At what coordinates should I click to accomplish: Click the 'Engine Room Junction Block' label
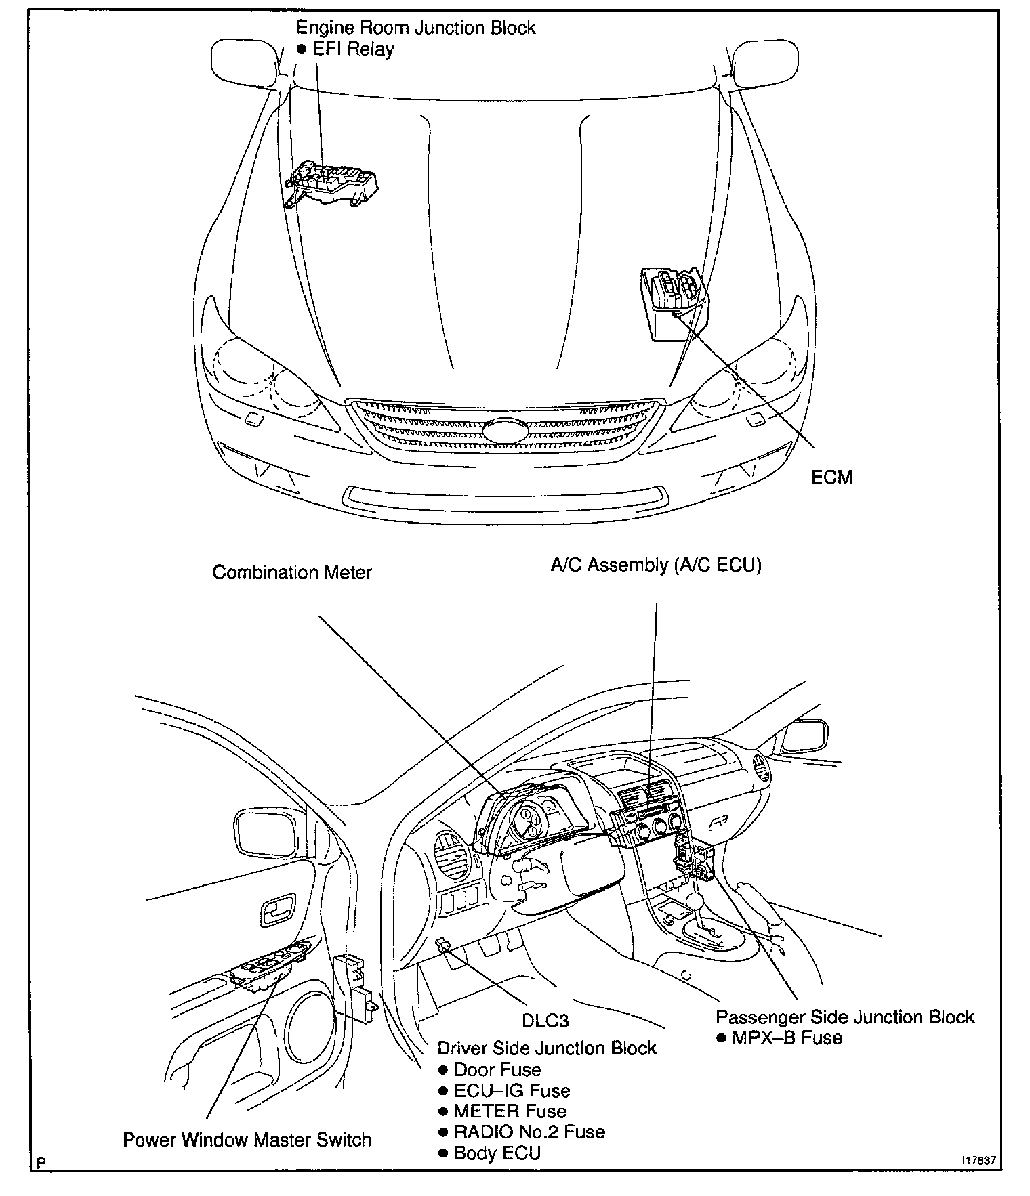415,28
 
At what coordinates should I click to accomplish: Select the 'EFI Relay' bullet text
352,49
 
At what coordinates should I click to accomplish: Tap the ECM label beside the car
831,477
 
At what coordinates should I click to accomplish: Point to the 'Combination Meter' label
292,572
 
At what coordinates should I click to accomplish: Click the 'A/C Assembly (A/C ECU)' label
656,565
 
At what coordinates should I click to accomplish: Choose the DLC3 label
545,1020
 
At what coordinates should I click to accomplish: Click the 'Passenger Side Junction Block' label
845,1017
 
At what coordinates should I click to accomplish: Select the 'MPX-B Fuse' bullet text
787,1038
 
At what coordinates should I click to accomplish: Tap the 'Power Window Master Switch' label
247,1139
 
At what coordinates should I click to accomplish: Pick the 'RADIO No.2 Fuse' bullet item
529,1131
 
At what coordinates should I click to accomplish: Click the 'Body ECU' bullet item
497,1153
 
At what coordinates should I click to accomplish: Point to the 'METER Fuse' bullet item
510,1111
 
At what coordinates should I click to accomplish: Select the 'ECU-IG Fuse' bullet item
512,1090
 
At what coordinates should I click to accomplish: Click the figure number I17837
979,1159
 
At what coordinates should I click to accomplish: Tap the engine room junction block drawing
332,181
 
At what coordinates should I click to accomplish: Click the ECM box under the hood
673,301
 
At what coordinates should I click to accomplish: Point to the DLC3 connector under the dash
445,945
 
